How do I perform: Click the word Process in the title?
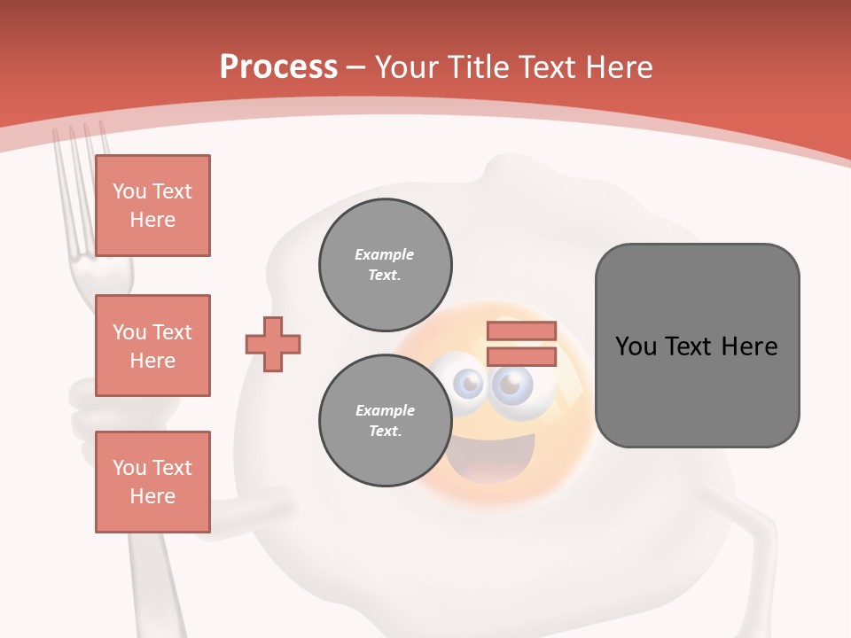[x=278, y=67]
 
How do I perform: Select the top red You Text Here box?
[x=152, y=206]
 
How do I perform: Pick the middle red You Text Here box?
[x=152, y=346]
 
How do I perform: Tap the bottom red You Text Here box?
[x=152, y=482]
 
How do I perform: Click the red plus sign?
[x=273, y=344]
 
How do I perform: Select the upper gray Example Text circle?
[x=385, y=264]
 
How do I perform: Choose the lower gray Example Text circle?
[x=385, y=420]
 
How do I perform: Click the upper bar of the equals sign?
[x=521, y=331]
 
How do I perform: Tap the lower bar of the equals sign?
[x=521, y=357]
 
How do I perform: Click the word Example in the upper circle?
[x=385, y=254]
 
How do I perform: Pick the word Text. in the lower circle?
[x=385, y=432]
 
